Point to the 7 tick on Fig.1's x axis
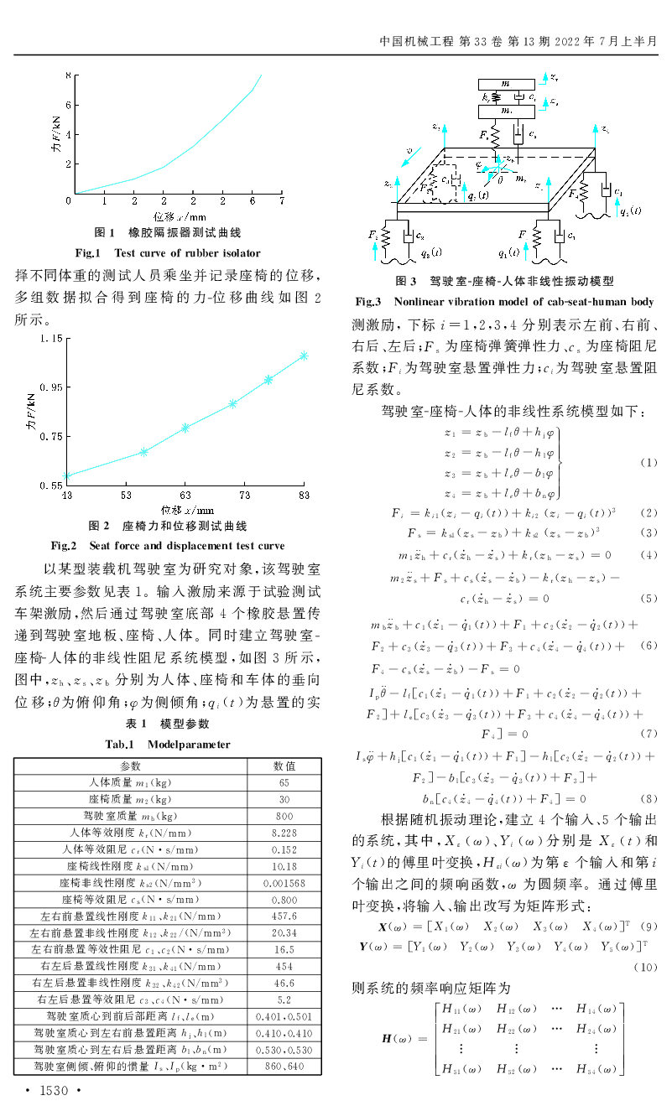[282, 202]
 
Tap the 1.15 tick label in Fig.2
[49, 339]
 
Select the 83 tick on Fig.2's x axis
[305, 496]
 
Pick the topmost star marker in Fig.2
[305, 356]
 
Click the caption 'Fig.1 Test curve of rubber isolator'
[168, 252]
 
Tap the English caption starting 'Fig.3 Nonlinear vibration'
[504, 301]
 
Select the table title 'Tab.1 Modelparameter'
[167, 744]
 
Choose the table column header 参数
[131, 766]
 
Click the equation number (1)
[649, 462]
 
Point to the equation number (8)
[649, 798]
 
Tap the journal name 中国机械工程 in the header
[414, 40]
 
